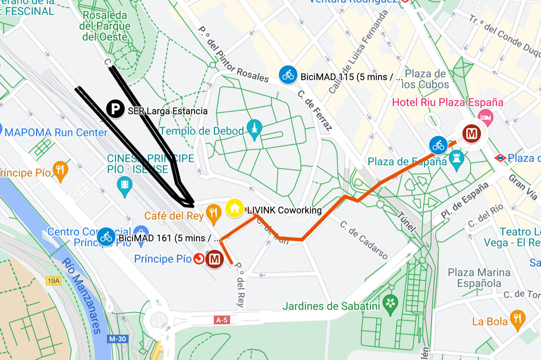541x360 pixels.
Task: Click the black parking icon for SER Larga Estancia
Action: (x=115, y=109)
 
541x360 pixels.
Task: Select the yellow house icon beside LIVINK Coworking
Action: (x=234, y=208)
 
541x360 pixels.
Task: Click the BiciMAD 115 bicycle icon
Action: (x=288, y=75)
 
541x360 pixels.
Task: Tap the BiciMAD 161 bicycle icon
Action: (x=106, y=237)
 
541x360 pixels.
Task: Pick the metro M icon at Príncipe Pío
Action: (x=215, y=259)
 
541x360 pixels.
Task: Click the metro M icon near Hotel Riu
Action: (x=471, y=134)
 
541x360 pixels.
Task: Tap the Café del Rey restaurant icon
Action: (x=213, y=213)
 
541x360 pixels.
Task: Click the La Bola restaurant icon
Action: (x=517, y=319)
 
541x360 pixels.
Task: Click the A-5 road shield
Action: (x=222, y=320)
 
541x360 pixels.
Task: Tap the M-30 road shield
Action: (x=117, y=339)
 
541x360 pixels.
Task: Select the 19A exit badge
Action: (x=53, y=281)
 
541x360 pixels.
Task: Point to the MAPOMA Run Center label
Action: (x=56, y=133)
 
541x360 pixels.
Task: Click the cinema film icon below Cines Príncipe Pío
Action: (x=124, y=185)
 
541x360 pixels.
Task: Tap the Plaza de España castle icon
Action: (x=457, y=159)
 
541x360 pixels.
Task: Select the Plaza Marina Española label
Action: (x=479, y=278)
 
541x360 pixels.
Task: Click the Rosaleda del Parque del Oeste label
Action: (x=105, y=26)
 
